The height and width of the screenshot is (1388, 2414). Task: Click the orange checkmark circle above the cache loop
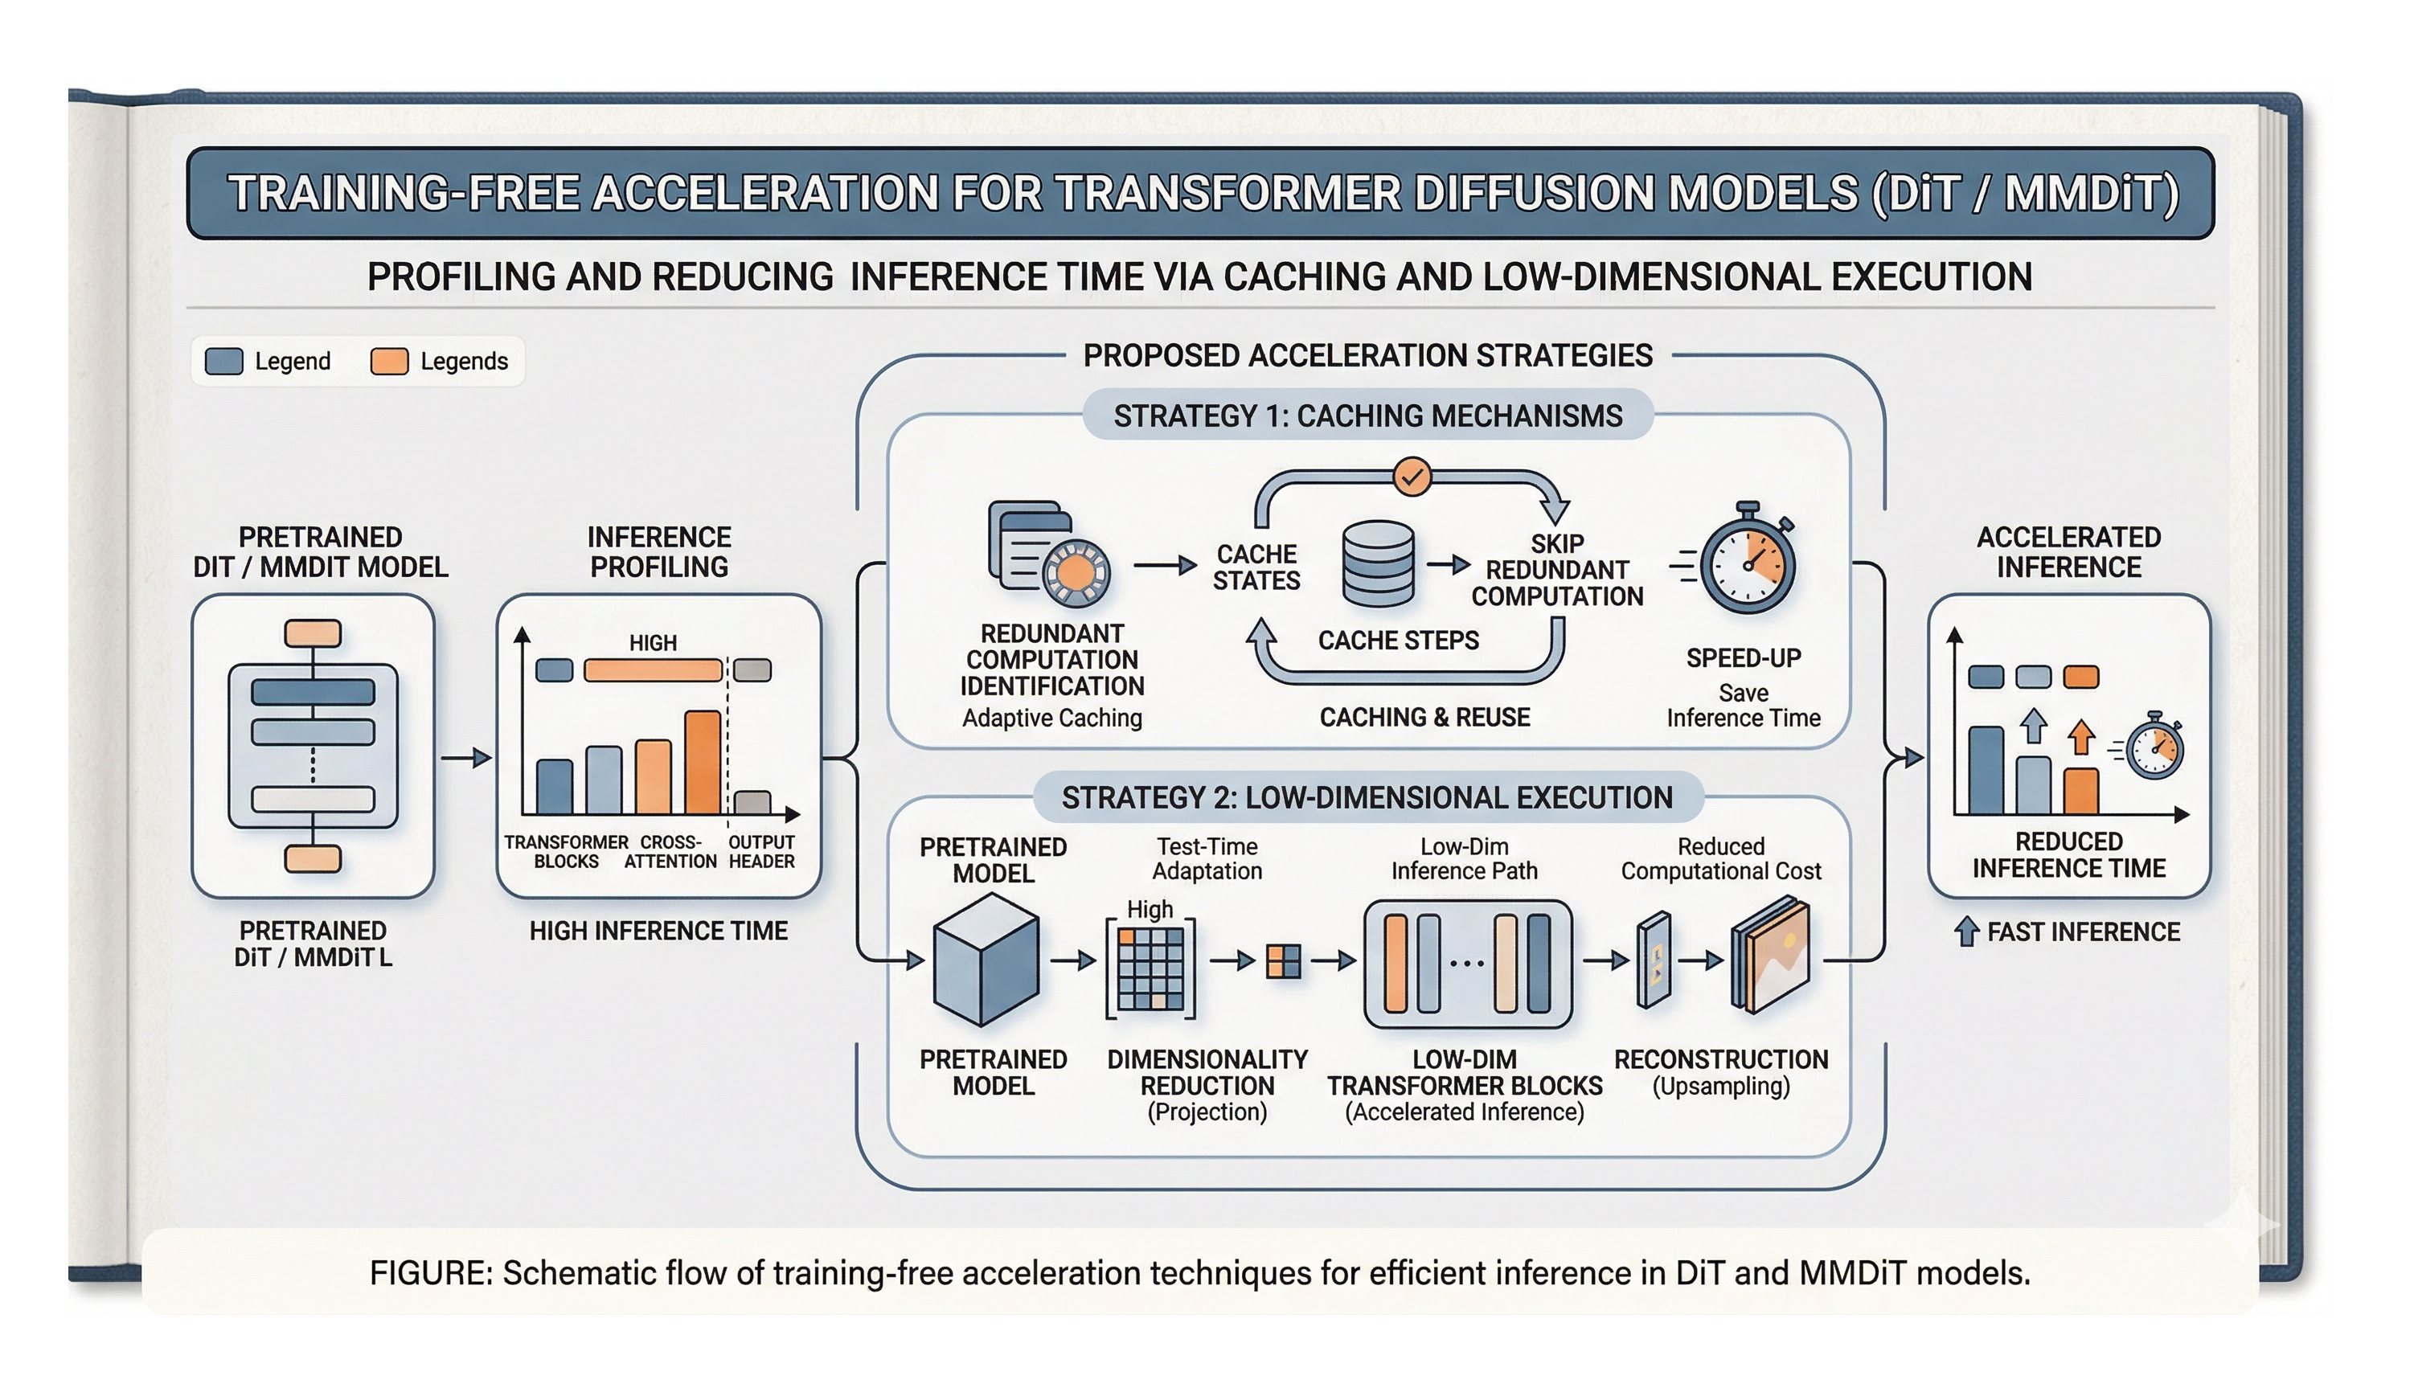[1412, 476]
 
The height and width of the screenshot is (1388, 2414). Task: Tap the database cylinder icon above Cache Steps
[1378, 563]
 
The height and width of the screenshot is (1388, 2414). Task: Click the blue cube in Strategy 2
[986, 960]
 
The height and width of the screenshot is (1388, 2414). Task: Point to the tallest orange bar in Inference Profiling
[703, 763]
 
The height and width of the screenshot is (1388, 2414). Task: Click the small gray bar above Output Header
[752, 803]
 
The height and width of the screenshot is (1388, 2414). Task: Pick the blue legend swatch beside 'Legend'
[224, 362]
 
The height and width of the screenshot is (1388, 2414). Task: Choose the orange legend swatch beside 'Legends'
[389, 362]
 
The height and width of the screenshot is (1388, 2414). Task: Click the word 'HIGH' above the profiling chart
[653, 644]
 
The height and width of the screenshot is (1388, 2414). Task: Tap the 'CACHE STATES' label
[1256, 567]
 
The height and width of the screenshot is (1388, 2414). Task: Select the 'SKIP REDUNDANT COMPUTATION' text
[1557, 570]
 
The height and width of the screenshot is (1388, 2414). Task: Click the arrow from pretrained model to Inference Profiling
[467, 758]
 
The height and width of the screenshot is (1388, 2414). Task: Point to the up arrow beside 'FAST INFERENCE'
[1966, 931]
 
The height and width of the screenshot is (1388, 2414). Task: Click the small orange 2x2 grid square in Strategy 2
[1283, 961]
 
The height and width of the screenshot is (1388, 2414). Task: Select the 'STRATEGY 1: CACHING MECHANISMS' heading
[1368, 416]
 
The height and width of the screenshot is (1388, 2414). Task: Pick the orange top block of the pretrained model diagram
[313, 634]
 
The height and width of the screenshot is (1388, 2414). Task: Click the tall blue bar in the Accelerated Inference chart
[1986, 770]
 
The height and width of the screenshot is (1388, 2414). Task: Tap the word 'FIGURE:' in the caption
[431, 1274]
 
